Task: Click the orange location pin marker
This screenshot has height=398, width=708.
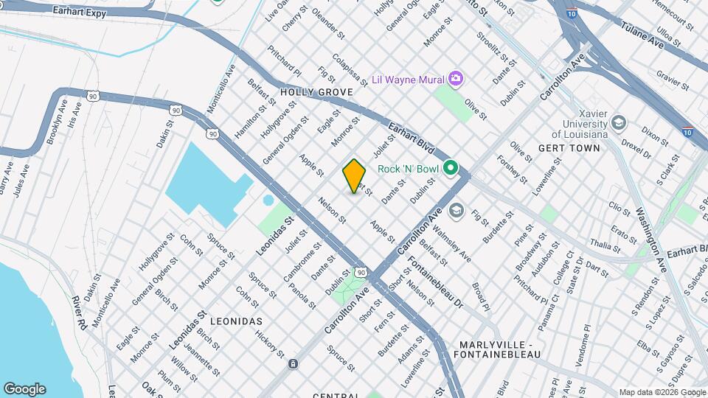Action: click(355, 175)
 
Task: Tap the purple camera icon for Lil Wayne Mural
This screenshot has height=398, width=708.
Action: click(456, 78)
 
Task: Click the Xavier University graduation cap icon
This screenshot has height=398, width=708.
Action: click(619, 122)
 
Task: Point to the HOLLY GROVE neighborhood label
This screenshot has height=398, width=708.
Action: click(316, 92)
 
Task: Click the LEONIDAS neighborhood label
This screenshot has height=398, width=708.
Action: click(236, 322)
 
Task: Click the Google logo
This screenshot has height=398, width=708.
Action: click(24, 388)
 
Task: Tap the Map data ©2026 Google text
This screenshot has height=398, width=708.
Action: click(661, 392)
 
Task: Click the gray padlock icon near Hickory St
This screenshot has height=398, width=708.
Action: click(294, 364)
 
